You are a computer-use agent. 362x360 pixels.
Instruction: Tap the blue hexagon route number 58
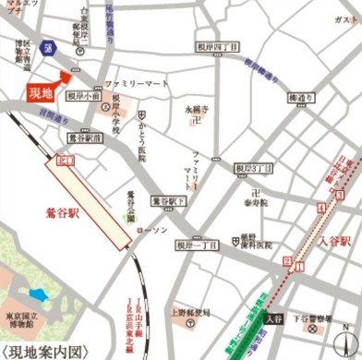pos(47,47)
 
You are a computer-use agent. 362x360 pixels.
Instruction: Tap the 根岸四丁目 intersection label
pos(217,46)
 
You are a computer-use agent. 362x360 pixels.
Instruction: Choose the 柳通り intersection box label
pos(301,98)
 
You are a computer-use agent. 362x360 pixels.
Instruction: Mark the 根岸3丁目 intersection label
pos(253,169)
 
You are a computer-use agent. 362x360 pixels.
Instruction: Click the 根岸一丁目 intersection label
pos(197,245)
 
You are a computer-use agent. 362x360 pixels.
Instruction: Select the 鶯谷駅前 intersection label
pos(85,138)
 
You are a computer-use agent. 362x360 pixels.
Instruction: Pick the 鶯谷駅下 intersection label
pos(170,200)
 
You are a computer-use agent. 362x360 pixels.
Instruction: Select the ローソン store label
pos(152,229)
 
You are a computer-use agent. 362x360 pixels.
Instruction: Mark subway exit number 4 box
pos(320,210)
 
